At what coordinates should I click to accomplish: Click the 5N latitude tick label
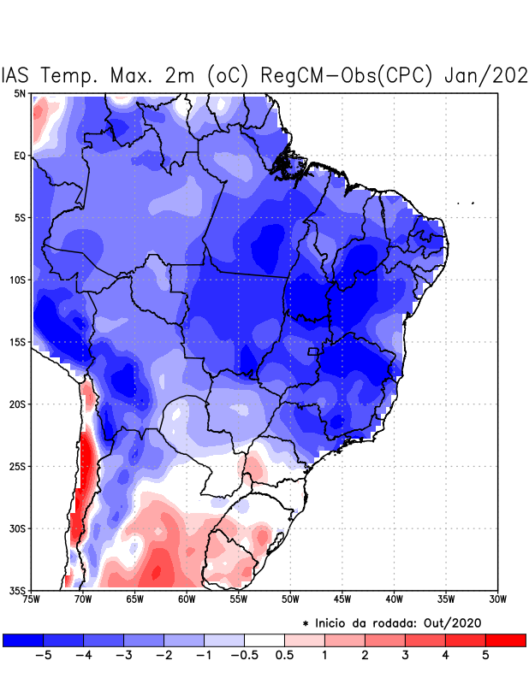[x=20, y=93]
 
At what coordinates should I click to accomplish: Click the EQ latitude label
[x=20, y=156]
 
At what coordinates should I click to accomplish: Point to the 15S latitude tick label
[x=18, y=342]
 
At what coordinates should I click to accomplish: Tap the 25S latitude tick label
[x=18, y=466]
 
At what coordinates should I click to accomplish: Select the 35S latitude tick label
[x=18, y=590]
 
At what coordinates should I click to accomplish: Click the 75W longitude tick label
[x=33, y=599]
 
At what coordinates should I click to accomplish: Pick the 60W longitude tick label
[x=186, y=599]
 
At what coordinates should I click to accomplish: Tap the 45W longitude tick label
[x=342, y=599]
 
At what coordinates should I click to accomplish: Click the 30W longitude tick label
[x=497, y=599]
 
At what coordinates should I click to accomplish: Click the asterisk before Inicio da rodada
[x=306, y=623]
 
